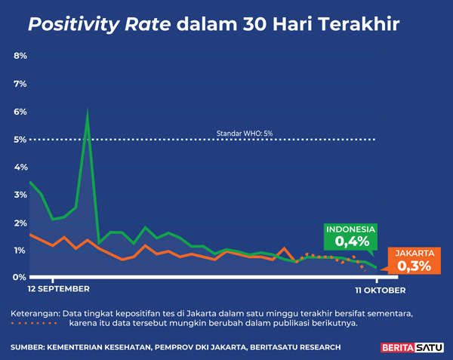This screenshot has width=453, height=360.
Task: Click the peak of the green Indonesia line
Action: [88, 112]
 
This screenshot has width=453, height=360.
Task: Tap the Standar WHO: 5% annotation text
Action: [245, 134]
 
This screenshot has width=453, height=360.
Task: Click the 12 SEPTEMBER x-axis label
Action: [58, 289]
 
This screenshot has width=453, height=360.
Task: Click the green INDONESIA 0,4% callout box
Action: [351, 236]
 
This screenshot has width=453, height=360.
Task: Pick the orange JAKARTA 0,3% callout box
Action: [414, 260]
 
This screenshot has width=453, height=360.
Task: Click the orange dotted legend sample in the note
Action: [34, 324]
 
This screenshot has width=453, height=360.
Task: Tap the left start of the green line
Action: [29, 182]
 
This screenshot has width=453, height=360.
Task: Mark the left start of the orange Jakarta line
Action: [29, 235]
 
